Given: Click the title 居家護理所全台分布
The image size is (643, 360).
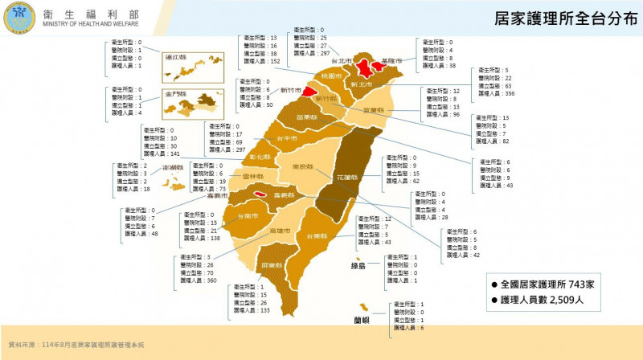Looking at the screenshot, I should pos(562,17).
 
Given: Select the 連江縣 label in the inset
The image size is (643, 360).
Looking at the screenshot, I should pos(174,58).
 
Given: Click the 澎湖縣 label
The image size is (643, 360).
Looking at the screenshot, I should pos(174,168).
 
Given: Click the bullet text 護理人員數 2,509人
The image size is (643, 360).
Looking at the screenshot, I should pos(547,300).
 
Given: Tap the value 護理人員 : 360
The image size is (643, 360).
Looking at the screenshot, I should pos(198,280).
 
